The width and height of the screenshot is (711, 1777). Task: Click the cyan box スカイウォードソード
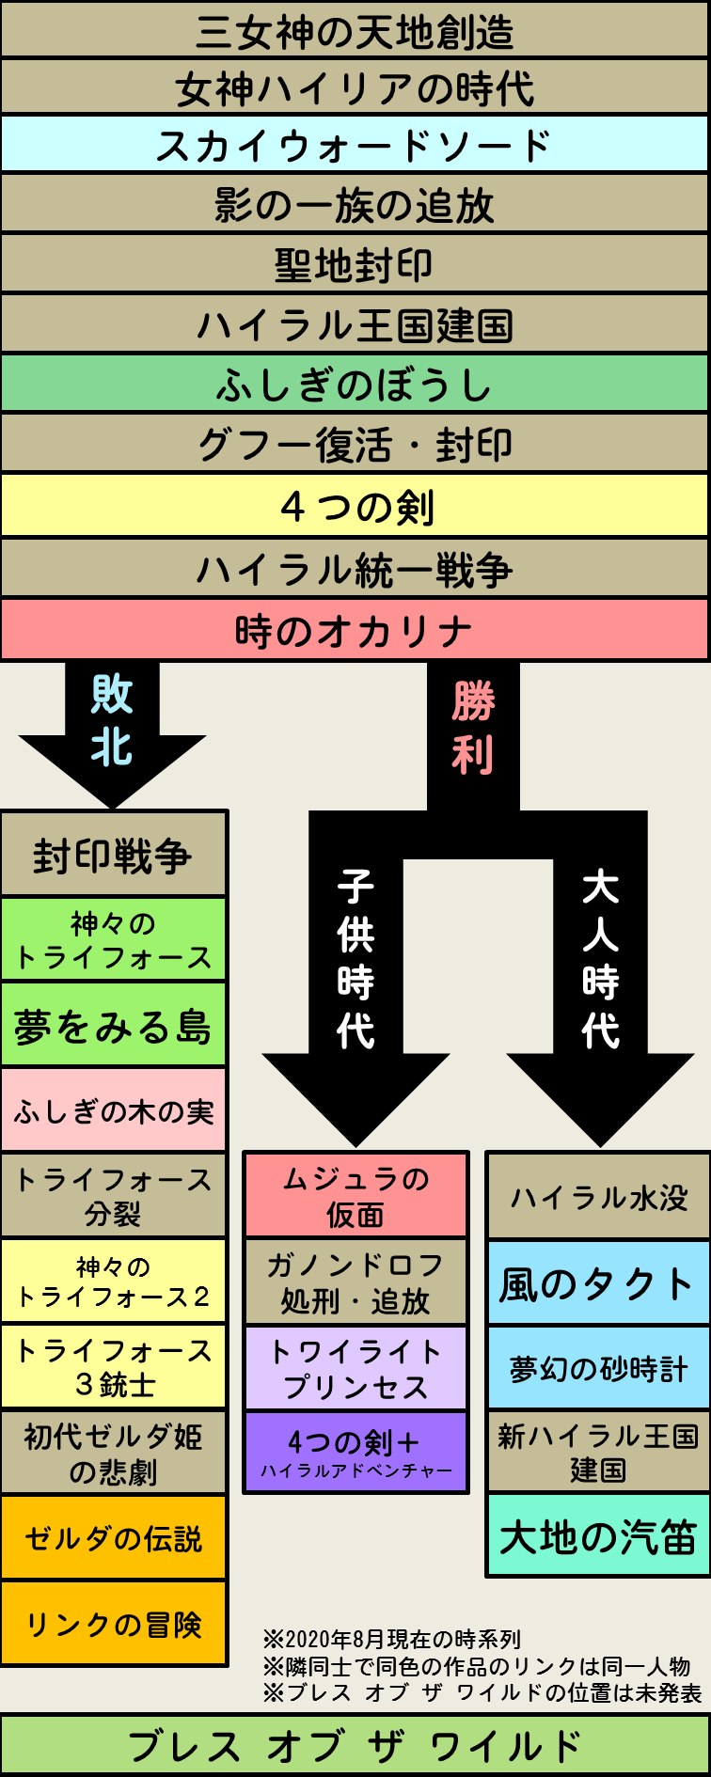355,145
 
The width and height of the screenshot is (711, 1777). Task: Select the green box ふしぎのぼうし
355,385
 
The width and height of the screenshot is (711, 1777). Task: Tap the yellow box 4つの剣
355,507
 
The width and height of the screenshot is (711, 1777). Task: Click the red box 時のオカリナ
355,631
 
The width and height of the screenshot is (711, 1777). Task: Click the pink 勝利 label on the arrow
473,728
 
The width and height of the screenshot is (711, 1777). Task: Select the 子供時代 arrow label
355,959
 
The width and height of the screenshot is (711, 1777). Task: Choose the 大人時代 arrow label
600,959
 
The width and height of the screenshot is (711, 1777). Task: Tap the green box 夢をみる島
113,1026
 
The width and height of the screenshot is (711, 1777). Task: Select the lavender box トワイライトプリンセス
355,1369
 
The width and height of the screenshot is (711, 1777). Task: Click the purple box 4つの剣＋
355,1452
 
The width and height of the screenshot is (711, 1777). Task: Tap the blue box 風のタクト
598,1284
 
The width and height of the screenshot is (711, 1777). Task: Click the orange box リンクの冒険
113,1624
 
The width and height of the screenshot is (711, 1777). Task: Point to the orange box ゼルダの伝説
113,1538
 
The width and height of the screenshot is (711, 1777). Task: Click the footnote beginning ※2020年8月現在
392,1640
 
